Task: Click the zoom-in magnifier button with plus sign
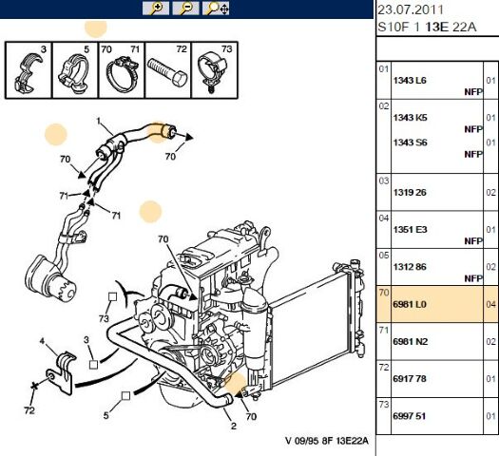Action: [x=157, y=9]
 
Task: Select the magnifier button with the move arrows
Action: [x=218, y=9]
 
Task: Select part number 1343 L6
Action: [x=410, y=81]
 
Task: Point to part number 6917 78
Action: [x=410, y=377]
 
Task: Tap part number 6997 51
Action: [x=410, y=415]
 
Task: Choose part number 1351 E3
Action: [x=410, y=229]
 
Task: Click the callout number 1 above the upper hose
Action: [x=97, y=121]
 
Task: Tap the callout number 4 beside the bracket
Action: [x=41, y=340]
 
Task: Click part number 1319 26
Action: [x=410, y=191]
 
